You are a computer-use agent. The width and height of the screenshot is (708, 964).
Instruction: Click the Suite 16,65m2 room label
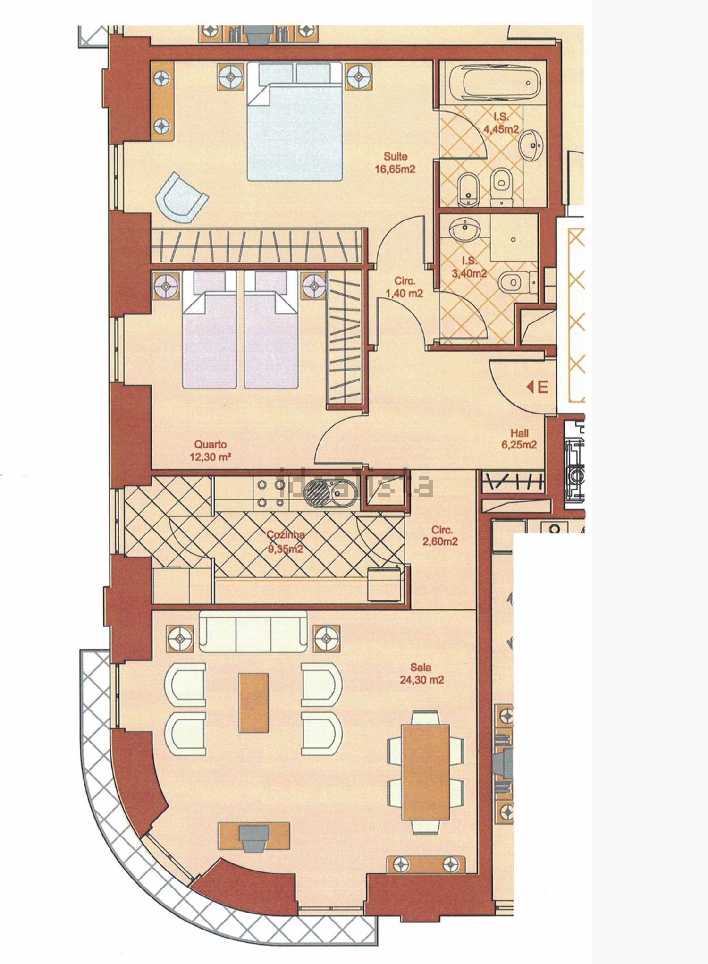(395, 162)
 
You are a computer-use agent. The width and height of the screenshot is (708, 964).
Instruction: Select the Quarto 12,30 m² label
(211, 450)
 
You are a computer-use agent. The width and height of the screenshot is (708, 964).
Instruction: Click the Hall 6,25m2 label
(519, 439)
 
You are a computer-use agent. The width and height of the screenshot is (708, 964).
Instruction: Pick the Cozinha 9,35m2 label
(285, 541)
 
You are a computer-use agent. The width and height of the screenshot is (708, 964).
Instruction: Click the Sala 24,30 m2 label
(421, 674)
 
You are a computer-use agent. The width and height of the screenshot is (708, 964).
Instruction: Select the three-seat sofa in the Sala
(253, 631)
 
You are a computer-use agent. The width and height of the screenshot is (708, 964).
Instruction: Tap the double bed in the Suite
(295, 121)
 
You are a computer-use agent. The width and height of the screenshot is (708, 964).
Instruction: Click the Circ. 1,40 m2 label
(404, 287)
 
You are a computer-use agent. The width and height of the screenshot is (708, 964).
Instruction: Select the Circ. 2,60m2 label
(439, 536)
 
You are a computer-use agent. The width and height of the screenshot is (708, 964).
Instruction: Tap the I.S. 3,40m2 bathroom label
(470, 266)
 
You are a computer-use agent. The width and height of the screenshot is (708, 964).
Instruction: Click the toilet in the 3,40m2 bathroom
(517, 282)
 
